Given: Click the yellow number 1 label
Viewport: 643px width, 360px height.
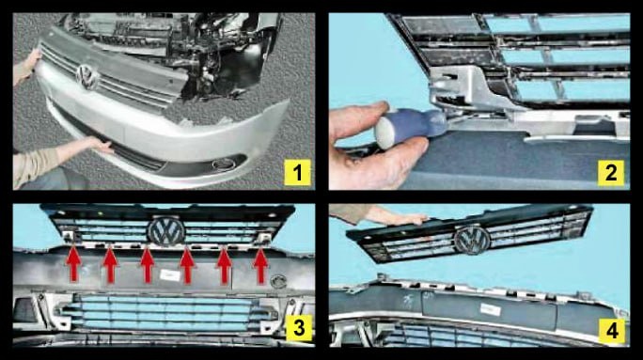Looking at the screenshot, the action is (297, 172).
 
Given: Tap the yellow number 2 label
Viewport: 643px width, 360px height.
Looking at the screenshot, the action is (611, 172).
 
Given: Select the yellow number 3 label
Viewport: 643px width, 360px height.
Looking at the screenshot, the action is (298, 328).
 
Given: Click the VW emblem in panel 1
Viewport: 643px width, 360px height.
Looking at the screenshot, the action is (87, 77).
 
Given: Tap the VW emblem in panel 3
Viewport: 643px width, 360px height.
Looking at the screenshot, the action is (166, 231).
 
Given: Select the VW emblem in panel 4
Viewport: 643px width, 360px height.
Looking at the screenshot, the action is (472, 240).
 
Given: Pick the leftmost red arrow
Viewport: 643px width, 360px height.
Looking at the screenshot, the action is (73, 264).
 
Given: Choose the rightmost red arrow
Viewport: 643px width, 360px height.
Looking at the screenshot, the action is (260, 266).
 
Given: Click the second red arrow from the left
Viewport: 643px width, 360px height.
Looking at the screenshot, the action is (110, 265).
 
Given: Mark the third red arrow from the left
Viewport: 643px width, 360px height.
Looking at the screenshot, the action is (148, 265).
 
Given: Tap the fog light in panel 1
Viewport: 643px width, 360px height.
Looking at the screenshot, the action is (224, 164).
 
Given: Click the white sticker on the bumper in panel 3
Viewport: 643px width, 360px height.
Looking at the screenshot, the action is (170, 275).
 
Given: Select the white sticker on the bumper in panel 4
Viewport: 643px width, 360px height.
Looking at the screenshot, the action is (491, 310).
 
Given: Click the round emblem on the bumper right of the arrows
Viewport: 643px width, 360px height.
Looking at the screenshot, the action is (278, 281).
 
